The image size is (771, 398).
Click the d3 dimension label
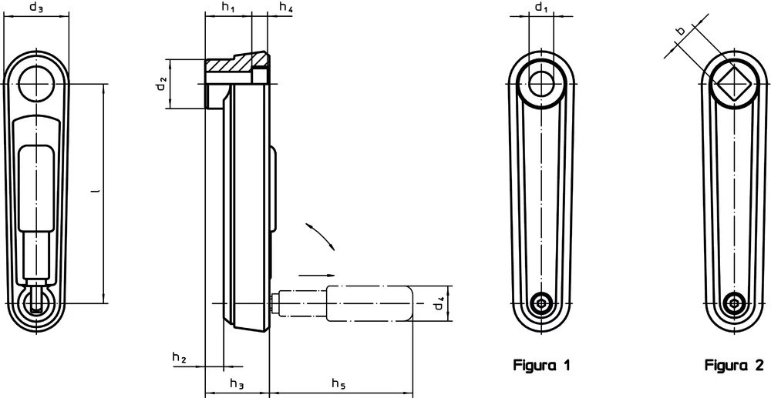click(x=36, y=7)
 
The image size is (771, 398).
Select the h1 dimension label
click(x=228, y=7)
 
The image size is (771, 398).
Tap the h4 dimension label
click(x=286, y=7)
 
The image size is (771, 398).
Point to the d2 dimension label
click(x=162, y=84)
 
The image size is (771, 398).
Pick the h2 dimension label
click(x=180, y=358)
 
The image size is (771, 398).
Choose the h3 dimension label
click(x=237, y=383)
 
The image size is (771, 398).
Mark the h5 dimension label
click(x=338, y=383)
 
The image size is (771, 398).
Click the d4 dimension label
click(x=439, y=304)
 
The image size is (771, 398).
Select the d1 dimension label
click(x=541, y=7)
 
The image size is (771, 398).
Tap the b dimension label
click(x=681, y=32)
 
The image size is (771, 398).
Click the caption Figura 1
click(x=541, y=365)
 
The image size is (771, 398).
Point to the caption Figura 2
click(x=734, y=365)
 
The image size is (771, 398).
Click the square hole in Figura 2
click(x=735, y=84)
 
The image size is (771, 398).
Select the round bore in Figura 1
click(x=541, y=84)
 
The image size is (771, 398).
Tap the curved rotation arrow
click(x=320, y=236)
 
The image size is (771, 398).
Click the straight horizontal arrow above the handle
click(x=317, y=276)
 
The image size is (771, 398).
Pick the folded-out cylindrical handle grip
click(x=369, y=304)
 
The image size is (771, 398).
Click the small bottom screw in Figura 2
click(x=735, y=303)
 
